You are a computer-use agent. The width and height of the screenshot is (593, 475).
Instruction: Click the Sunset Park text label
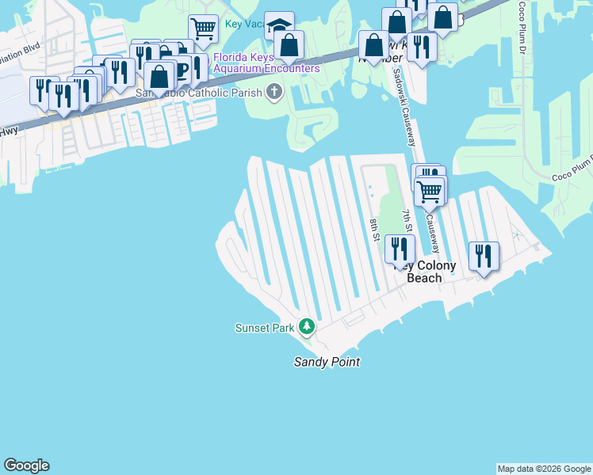(264, 328)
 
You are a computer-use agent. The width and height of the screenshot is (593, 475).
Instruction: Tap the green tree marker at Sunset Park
(306, 327)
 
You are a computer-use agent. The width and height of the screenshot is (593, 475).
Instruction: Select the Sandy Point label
(327, 363)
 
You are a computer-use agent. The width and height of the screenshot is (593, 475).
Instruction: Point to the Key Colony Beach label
(425, 272)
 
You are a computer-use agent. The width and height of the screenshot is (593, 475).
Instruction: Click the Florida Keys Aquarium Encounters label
(266, 63)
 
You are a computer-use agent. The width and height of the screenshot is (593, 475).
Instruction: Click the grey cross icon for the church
(274, 93)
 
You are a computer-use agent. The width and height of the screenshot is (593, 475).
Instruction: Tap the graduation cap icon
(279, 25)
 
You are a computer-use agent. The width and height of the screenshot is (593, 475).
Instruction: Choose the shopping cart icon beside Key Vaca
(204, 30)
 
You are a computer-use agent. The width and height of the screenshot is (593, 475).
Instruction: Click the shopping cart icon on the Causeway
(429, 190)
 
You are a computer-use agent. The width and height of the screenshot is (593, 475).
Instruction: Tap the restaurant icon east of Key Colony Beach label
(483, 256)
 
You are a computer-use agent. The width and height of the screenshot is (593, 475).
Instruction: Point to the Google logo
(26, 465)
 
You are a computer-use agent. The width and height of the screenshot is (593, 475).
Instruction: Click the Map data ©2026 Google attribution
(544, 469)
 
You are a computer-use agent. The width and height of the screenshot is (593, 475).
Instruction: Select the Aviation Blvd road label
(20, 47)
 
